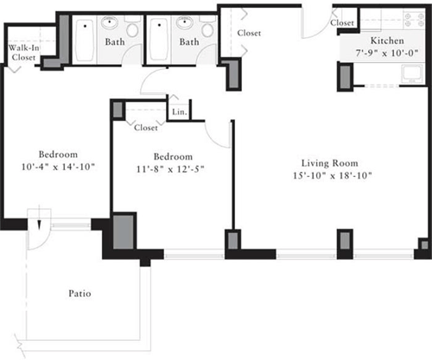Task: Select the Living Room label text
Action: click(x=329, y=163)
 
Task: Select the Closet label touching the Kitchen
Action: click(x=342, y=22)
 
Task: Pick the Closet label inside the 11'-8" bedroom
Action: click(x=146, y=128)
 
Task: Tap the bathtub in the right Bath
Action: click(x=161, y=41)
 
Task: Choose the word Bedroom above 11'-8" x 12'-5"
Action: click(x=170, y=156)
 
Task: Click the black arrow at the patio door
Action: click(x=39, y=224)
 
